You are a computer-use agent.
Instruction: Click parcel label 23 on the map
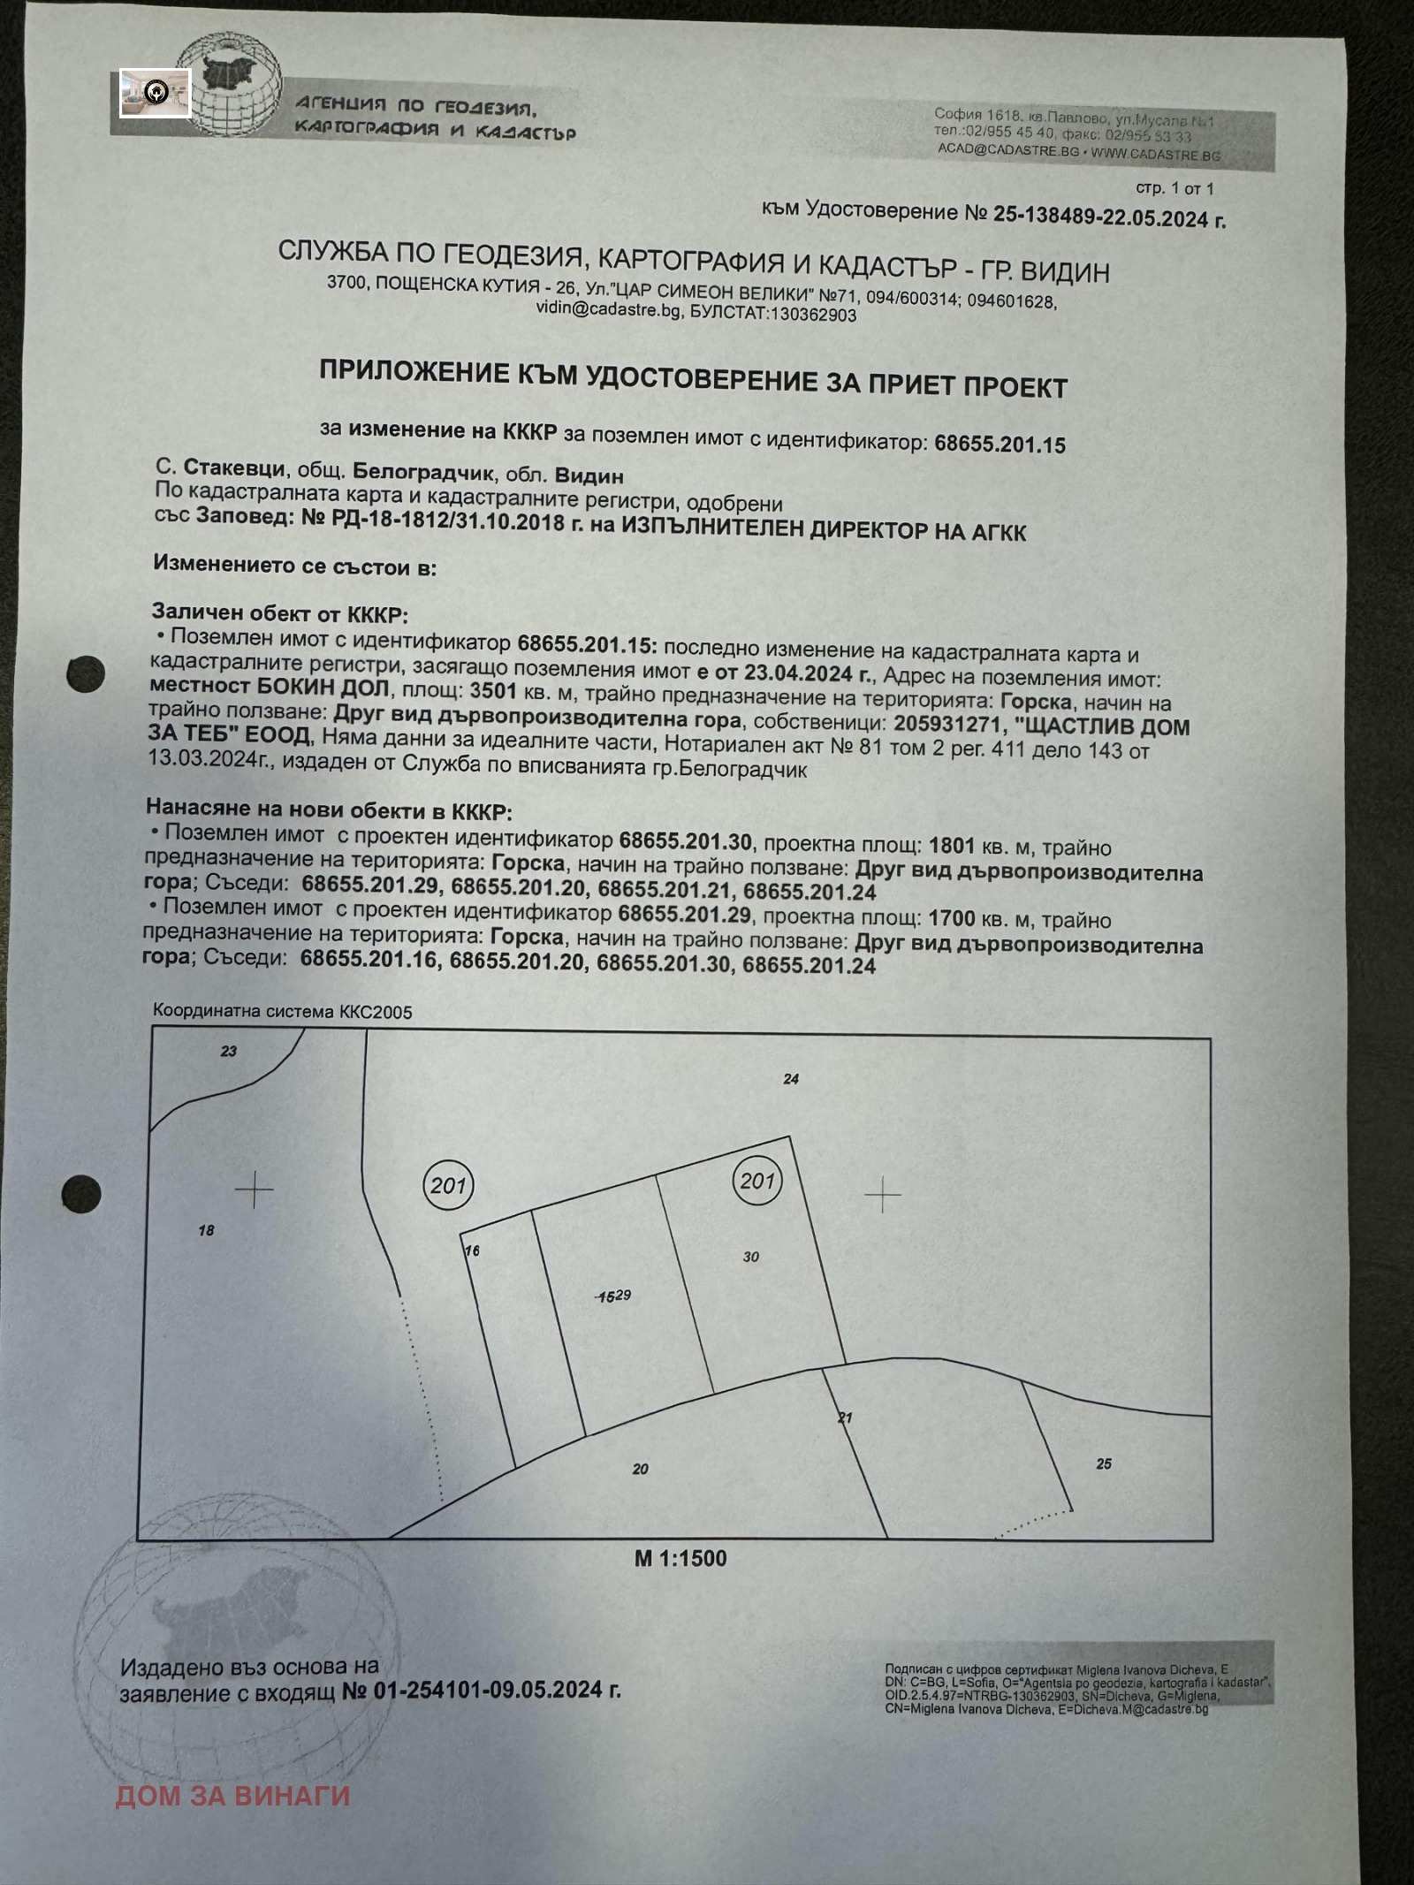(x=229, y=1051)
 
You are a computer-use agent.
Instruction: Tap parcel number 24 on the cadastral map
(x=791, y=1078)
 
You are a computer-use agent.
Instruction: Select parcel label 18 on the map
(x=206, y=1230)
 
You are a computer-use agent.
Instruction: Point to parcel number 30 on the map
(x=750, y=1257)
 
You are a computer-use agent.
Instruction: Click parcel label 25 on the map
(x=1104, y=1463)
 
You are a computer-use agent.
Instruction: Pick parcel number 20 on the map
(x=641, y=1469)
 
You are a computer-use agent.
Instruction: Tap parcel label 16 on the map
(x=472, y=1250)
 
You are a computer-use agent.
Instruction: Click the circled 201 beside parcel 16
(x=449, y=1185)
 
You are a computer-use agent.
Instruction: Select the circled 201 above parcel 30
(x=757, y=1181)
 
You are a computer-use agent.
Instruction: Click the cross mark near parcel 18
(x=255, y=1190)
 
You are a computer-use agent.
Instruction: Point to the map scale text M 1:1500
(x=680, y=1558)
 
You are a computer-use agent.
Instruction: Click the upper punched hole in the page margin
(x=86, y=674)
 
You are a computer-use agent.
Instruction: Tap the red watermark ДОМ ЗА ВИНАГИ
(x=233, y=1796)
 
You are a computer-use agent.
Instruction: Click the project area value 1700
(x=952, y=918)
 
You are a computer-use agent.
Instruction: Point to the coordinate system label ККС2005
(x=376, y=1012)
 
